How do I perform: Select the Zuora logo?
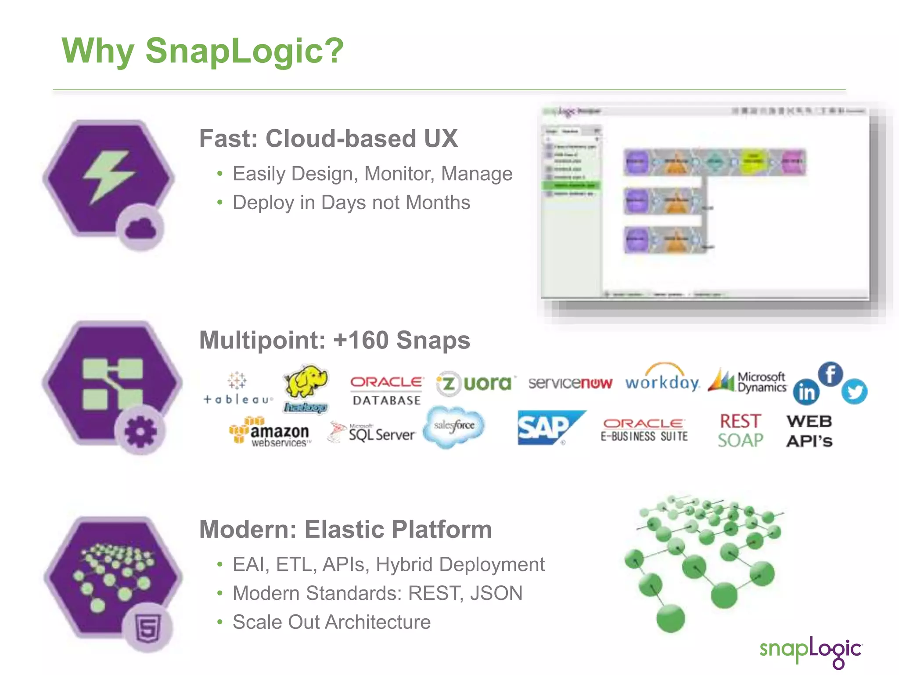click(x=475, y=384)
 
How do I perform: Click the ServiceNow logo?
click(x=570, y=383)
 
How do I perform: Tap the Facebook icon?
click(x=830, y=374)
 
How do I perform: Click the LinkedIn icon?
click(x=806, y=392)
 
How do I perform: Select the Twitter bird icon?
click(x=854, y=391)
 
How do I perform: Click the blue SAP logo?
click(x=549, y=428)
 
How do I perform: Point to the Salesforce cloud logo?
click(x=454, y=426)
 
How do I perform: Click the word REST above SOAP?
click(x=740, y=421)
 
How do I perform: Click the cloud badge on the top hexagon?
click(x=140, y=228)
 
